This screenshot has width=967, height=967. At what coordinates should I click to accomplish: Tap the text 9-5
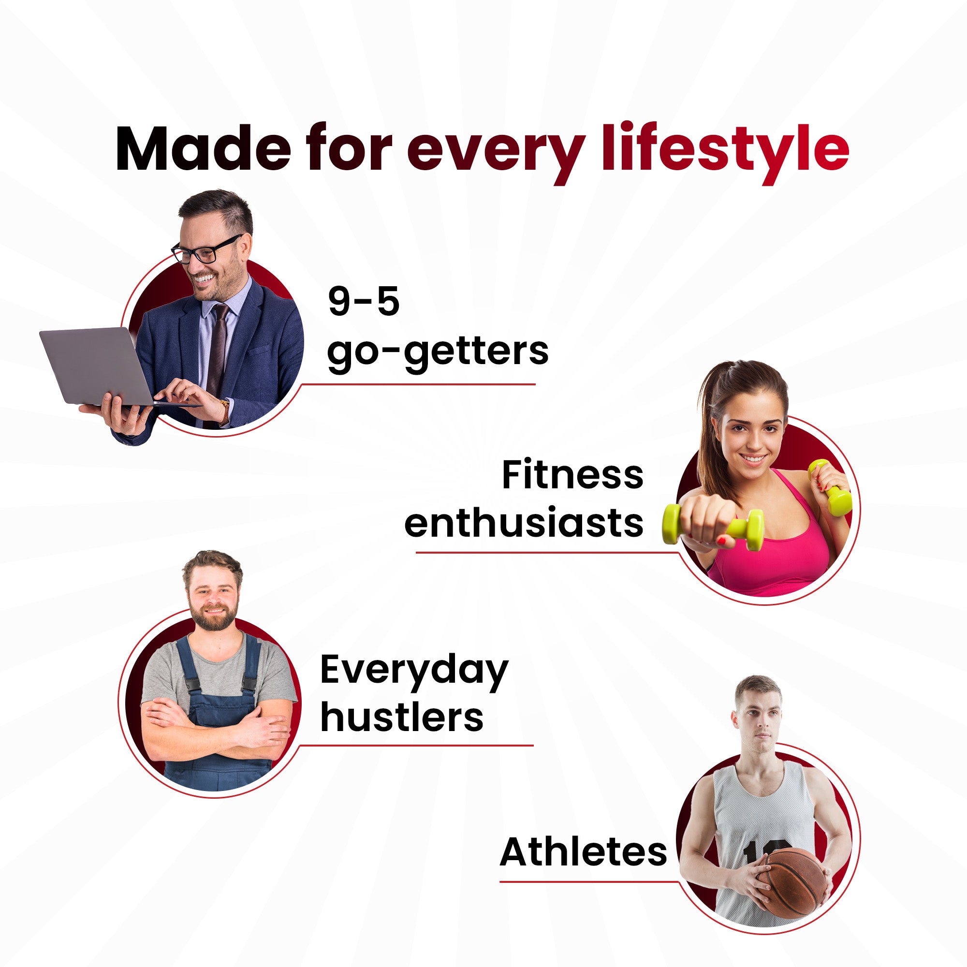pyautogui.click(x=364, y=302)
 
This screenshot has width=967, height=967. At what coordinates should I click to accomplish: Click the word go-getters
pyautogui.click(x=438, y=353)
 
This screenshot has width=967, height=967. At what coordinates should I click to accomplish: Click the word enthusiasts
pyautogui.click(x=524, y=524)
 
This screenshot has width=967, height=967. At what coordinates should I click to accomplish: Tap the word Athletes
pyautogui.click(x=584, y=851)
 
